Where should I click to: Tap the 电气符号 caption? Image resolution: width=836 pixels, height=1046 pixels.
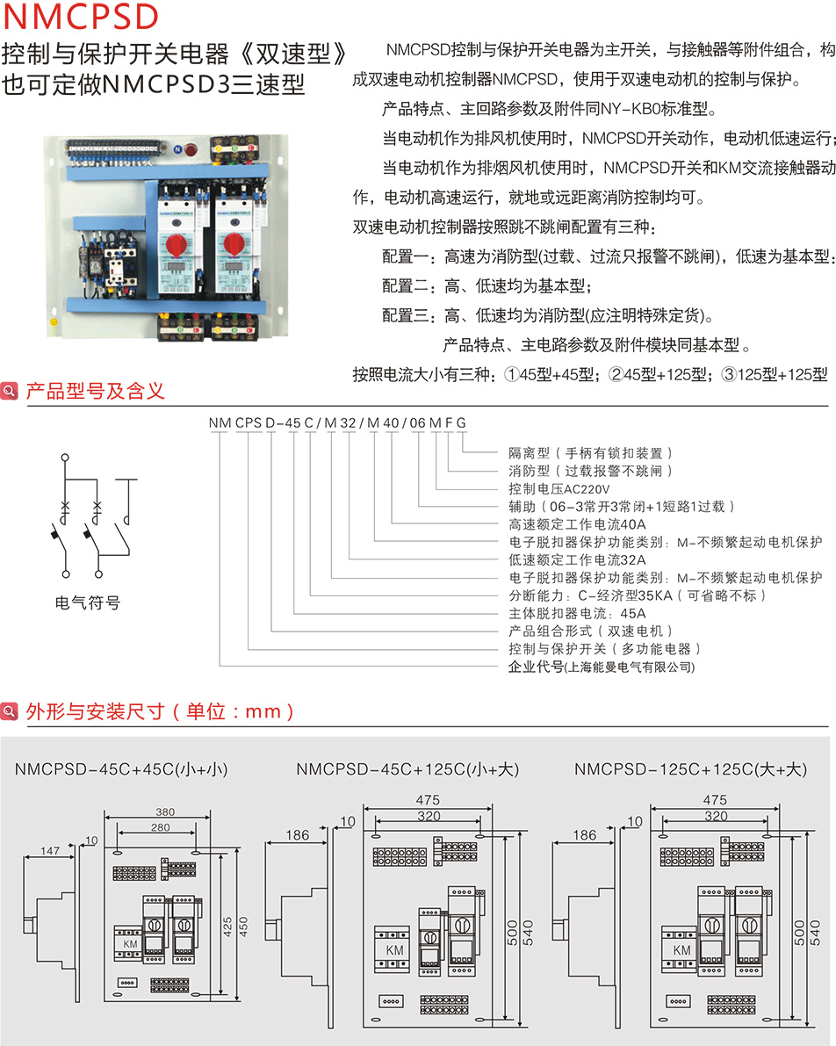click(87, 602)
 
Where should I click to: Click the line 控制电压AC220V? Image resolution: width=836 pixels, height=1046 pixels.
click(559, 488)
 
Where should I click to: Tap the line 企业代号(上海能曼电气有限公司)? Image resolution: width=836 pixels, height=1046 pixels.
click(602, 667)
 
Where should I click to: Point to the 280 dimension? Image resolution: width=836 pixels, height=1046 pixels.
click(160, 828)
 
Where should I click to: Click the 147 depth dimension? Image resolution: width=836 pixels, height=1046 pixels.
click(51, 851)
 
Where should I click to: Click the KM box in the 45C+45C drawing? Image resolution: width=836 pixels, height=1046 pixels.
click(130, 943)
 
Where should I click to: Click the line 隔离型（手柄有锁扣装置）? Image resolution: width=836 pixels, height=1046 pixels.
click(591, 453)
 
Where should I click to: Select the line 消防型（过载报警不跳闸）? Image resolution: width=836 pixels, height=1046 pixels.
click(591, 471)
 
